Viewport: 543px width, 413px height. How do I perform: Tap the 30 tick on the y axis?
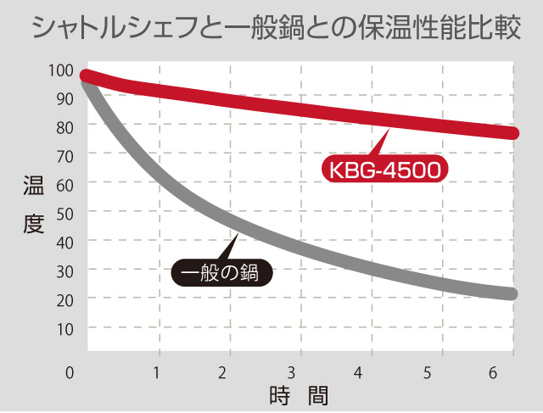pyautogui.click(x=64, y=271)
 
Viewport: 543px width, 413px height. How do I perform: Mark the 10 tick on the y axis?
pyautogui.click(x=64, y=328)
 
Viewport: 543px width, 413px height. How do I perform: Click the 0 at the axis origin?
pyautogui.click(x=70, y=371)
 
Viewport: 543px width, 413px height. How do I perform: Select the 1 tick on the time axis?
pyautogui.click(x=157, y=371)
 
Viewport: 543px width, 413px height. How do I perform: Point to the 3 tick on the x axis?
pyautogui.click(x=291, y=371)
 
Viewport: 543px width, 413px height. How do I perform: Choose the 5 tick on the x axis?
pyautogui.click(x=427, y=371)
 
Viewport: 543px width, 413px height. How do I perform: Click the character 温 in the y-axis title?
pyautogui.click(x=33, y=189)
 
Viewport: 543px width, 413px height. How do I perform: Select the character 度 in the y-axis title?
pyautogui.click(x=33, y=225)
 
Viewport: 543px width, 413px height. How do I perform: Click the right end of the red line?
pyautogui.click(x=512, y=133)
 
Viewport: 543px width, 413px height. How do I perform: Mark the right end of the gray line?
pyautogui.click(x=512, y=294)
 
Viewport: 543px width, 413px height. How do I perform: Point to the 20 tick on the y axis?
pyautogui.click(x=64, y=299)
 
